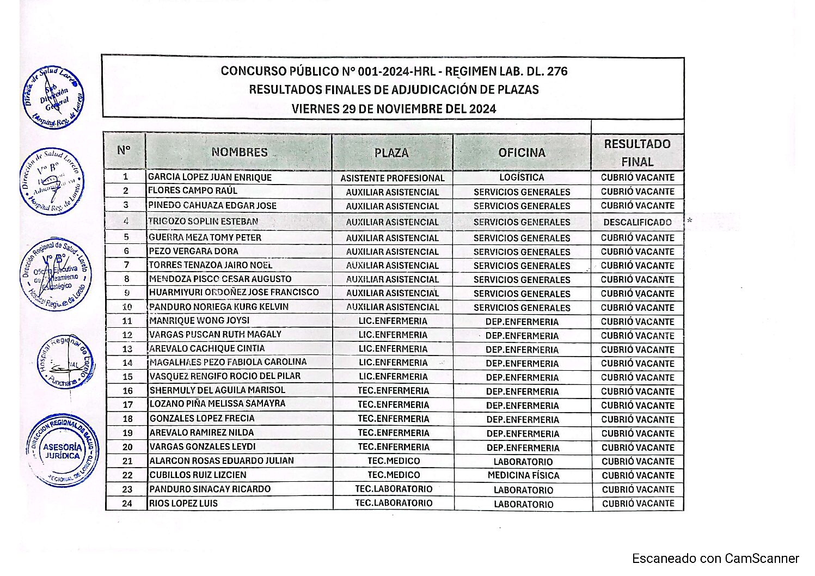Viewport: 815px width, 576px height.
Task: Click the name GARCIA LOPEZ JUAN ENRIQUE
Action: (x=210, y=177)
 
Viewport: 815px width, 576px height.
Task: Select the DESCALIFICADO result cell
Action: (x=637, y=222)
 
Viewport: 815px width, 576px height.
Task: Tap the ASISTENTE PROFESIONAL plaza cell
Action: (x=392, y=178)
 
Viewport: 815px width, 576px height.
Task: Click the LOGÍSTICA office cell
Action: (x=522, y=177)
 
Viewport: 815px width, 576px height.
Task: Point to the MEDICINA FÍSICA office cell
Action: (x=523, y=475)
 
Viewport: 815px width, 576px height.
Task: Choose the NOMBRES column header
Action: (x=240, y=152)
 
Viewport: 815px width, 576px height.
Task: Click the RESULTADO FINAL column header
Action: (x=637, y=152)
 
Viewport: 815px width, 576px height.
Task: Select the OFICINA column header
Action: (x=522, y=152)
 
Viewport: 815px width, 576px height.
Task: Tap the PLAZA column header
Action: (x=391, y=153)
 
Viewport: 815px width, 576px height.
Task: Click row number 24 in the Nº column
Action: (x=127, y=504)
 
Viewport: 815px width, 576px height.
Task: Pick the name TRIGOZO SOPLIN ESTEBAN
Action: (x=203, y=222)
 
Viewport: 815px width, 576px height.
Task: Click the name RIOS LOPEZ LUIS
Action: (x=183, y=504)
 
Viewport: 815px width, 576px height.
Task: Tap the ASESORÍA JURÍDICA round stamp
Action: (x=63, y=451)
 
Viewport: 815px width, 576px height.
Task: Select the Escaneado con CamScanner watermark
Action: (x=715, y=559)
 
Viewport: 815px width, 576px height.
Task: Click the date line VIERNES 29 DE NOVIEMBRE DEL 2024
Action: (x=394, y=108)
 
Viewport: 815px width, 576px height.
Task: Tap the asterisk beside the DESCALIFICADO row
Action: (x=689, y=220)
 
